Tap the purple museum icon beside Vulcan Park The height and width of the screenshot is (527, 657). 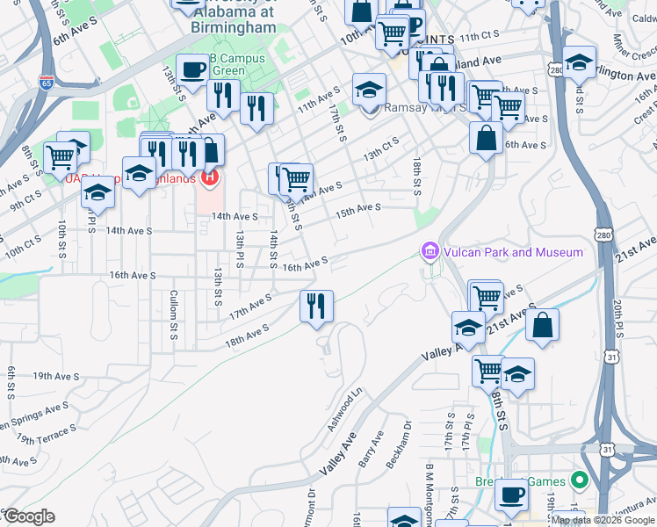pyautogui.click(x=429, y=252)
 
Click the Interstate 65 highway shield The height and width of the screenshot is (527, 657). pyautogui.click(x=47, y=83)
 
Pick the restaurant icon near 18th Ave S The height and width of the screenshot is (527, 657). pyautogui.click(x=316, y=306)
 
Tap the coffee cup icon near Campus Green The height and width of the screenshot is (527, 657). pyautogui.click(x=192, y=69)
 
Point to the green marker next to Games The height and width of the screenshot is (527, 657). pyautogui.click(x=579, y=480)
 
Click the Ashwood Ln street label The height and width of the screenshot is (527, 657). pyautogui.click(x=344, y=413)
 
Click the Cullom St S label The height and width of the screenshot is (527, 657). pyautogui.click(x=174, y=307)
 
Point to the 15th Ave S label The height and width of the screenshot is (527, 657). pyautogui.click(x=357, y=210)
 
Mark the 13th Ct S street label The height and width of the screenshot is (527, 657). pyautogui.click(x=381, y=148)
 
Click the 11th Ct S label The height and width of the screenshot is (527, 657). pyautogui.click(x=478, y=36)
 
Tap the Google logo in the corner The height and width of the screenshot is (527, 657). pyautogui.click(x=29, y=516)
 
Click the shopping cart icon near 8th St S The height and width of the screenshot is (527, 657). pyautogui.click(x=61, y=158)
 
